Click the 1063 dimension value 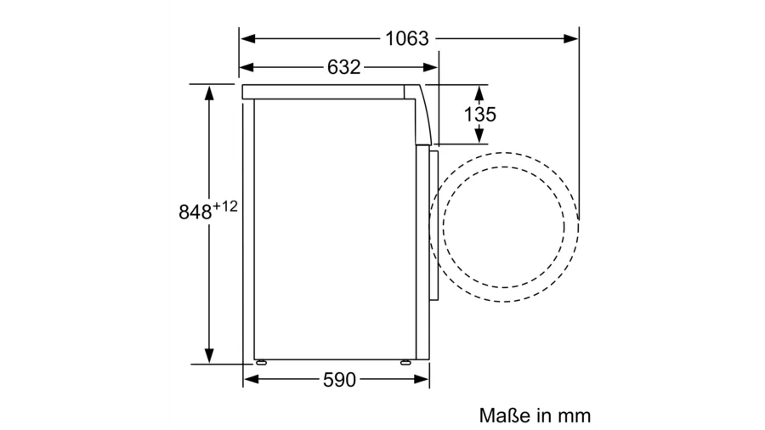(x=407, y=38)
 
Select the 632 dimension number (x=343, y=67)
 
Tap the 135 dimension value (x=479, y=115)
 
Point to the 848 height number (x=195, y=212)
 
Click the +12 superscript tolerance (x=225, y=207)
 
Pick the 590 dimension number (x=339, y=380)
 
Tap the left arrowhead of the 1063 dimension (x=248, y=38)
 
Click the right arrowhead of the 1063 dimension (x=570, y=38)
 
